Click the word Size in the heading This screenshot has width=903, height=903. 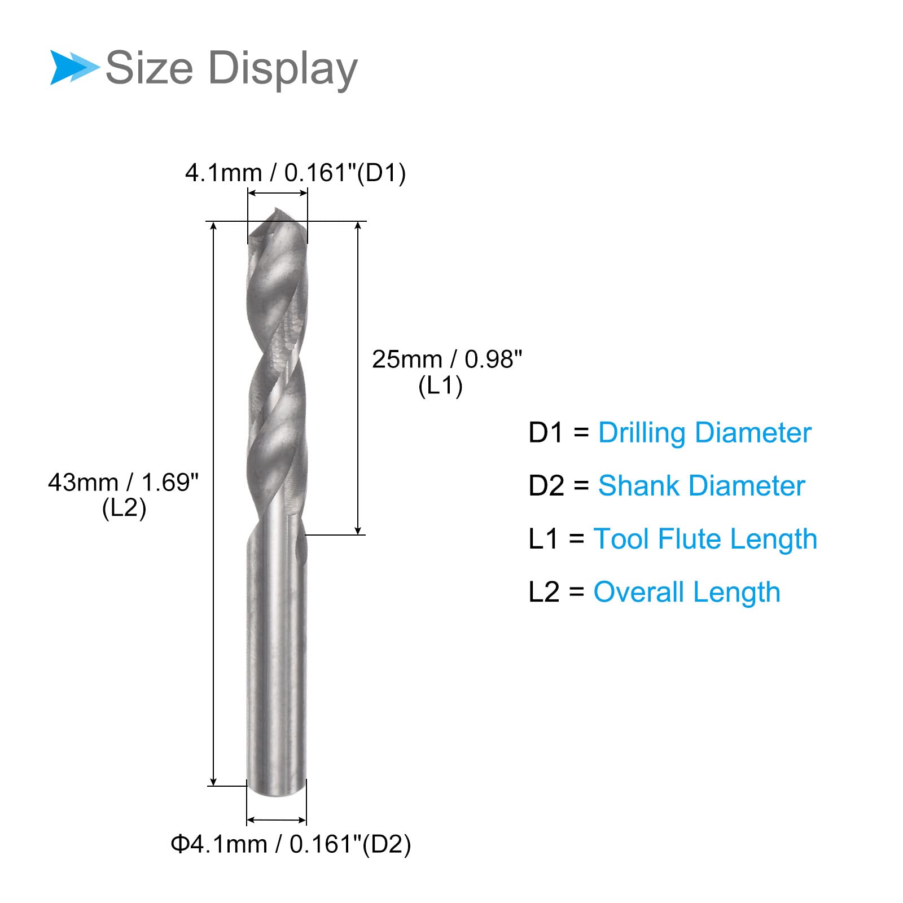(x=150, y=68)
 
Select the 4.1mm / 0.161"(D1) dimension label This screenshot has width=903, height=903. (x=295, y=173)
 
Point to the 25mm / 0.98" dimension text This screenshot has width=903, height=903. (x=447, y=359)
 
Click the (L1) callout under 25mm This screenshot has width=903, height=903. (x=441, y=386)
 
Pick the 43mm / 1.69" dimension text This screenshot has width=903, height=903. (x=123, y=482)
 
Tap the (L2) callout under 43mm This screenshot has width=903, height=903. (x=124, y=508)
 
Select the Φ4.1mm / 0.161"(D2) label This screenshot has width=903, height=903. (x=291, y=844)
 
